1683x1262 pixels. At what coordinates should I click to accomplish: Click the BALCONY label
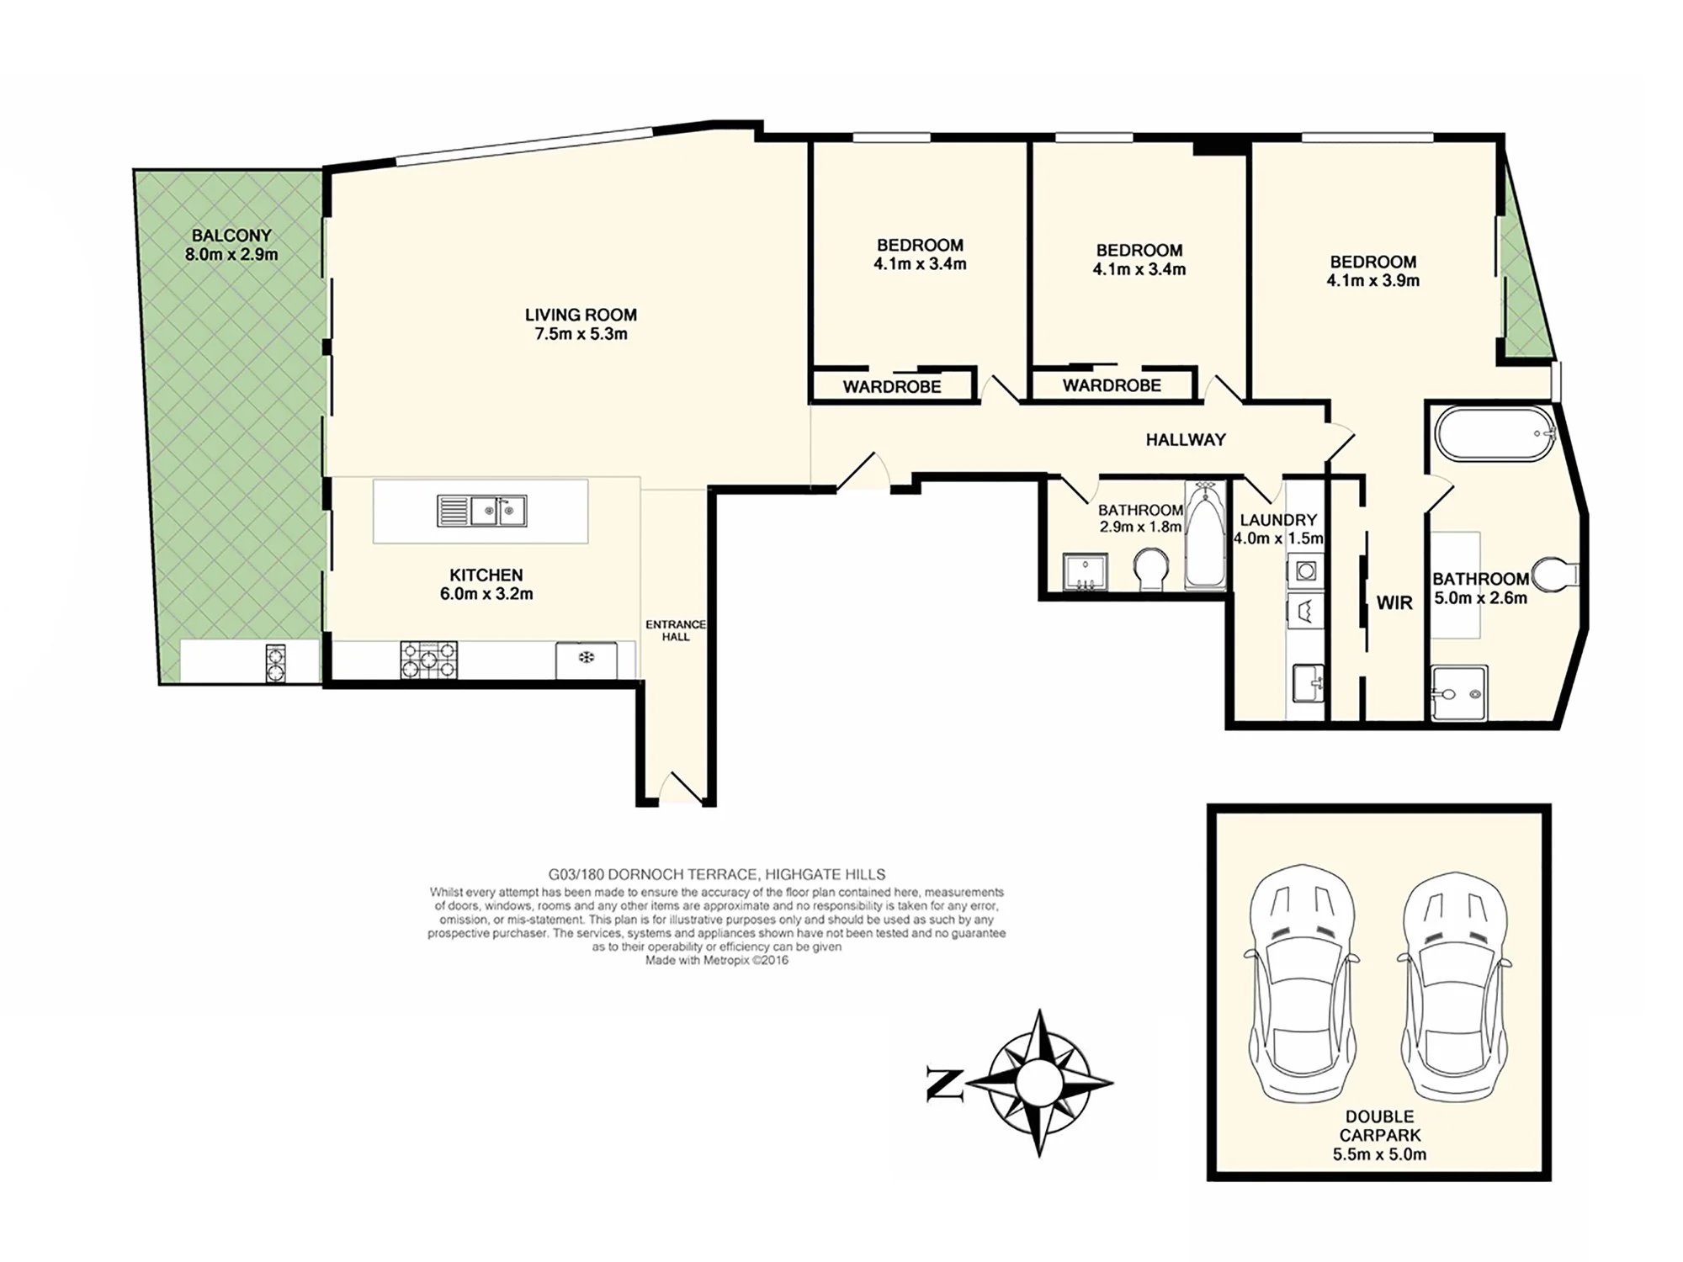pyautogui.click(x=231, y=236)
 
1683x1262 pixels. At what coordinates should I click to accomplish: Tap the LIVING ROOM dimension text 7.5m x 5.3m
pyautogui.click(x=581, y=334)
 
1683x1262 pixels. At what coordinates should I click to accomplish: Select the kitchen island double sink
pyautogui.click(x=482, y=511)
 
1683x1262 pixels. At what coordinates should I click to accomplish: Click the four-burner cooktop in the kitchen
pyautogui.click(x=429, y=660)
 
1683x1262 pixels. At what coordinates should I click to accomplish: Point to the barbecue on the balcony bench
pyautogui.click(x=276, y=663)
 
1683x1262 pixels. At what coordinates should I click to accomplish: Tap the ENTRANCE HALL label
pyautogui.click(x=676, y=630)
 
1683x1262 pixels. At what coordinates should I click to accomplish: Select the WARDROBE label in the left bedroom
pyautogui.click(x=892, y=387)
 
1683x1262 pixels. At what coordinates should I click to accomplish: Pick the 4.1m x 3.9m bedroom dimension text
pyautogui.click(x=1373, y=281)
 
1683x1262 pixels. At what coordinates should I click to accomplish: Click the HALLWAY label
pyautogui.click(x=1186, y=439)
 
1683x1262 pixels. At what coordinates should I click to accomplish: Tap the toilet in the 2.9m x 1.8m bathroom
pyautogui.click(x=1150, y=570)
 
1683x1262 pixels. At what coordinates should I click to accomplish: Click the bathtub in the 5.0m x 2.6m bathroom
pyautogui.click(x=1495, y=434)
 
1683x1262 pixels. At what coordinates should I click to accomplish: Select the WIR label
pyautogui.click(x=1394, y=602)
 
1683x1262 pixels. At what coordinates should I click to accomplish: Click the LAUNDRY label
pyautogui.click(x=1278, y=520)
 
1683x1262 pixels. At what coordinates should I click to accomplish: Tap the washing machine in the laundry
pyautogui.click(x=1305, y=571)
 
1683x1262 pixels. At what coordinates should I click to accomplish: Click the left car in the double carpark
pyautogui.click(x=1302, y=982)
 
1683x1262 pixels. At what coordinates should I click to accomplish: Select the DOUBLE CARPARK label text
pyautogui.click(x=1379, y=1126)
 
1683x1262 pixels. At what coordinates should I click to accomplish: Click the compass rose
pyautogui.click(x=1039, y=1083)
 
